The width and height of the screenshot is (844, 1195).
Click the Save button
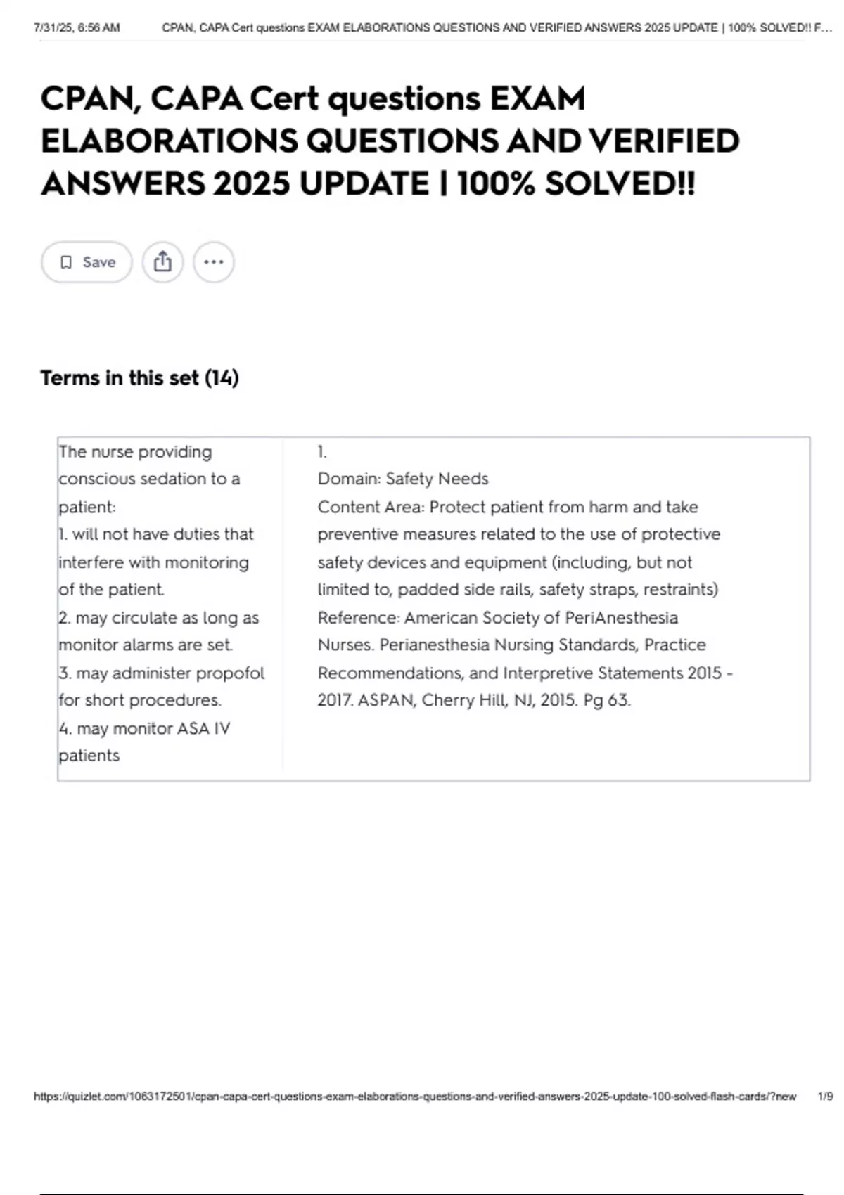[87, 262]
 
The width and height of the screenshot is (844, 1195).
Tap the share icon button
[162, 262]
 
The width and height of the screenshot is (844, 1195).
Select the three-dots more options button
[214, 262]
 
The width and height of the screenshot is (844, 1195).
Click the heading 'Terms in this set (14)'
[139, 378]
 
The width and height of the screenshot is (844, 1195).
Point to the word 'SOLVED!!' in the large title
[620, 184]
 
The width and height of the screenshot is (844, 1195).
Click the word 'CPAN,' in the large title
[91, 98]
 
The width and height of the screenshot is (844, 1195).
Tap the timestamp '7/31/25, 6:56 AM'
[77, 28]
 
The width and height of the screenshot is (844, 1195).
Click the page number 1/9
[825, 1097]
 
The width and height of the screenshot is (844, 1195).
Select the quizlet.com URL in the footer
[415, 1097]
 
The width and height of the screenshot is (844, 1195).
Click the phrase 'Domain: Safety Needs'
[402, 479]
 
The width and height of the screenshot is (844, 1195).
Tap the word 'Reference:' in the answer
[358, 617]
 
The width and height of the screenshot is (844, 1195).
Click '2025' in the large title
[251, 184]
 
